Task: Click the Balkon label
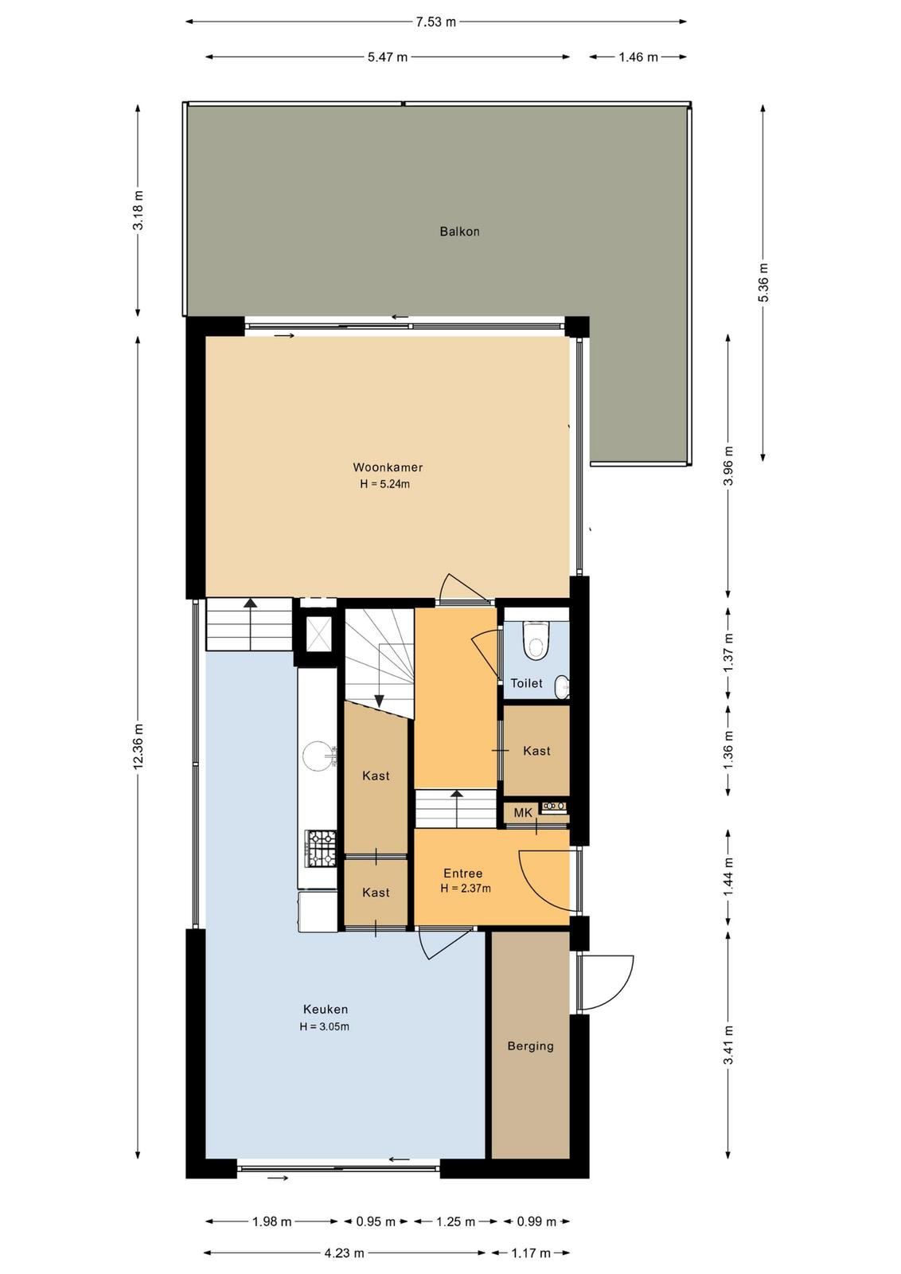(x=459, y=232)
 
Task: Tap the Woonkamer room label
(x=388, y=467)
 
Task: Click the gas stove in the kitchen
(x=321, y=848)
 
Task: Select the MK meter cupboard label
(x=523, y=813)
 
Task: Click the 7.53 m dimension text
(x=436, y=22)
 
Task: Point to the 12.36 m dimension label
(x=138, y=747)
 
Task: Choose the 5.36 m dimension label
(x=763, y=283)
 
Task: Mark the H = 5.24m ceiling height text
(x=385, y=485)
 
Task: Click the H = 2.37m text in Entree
(x=466, y=889)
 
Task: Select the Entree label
(x=462, y=873)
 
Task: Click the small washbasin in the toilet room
(x=562, y=686)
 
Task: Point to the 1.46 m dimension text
(x=638, y=57)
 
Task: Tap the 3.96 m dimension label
(x=728, y=465)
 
